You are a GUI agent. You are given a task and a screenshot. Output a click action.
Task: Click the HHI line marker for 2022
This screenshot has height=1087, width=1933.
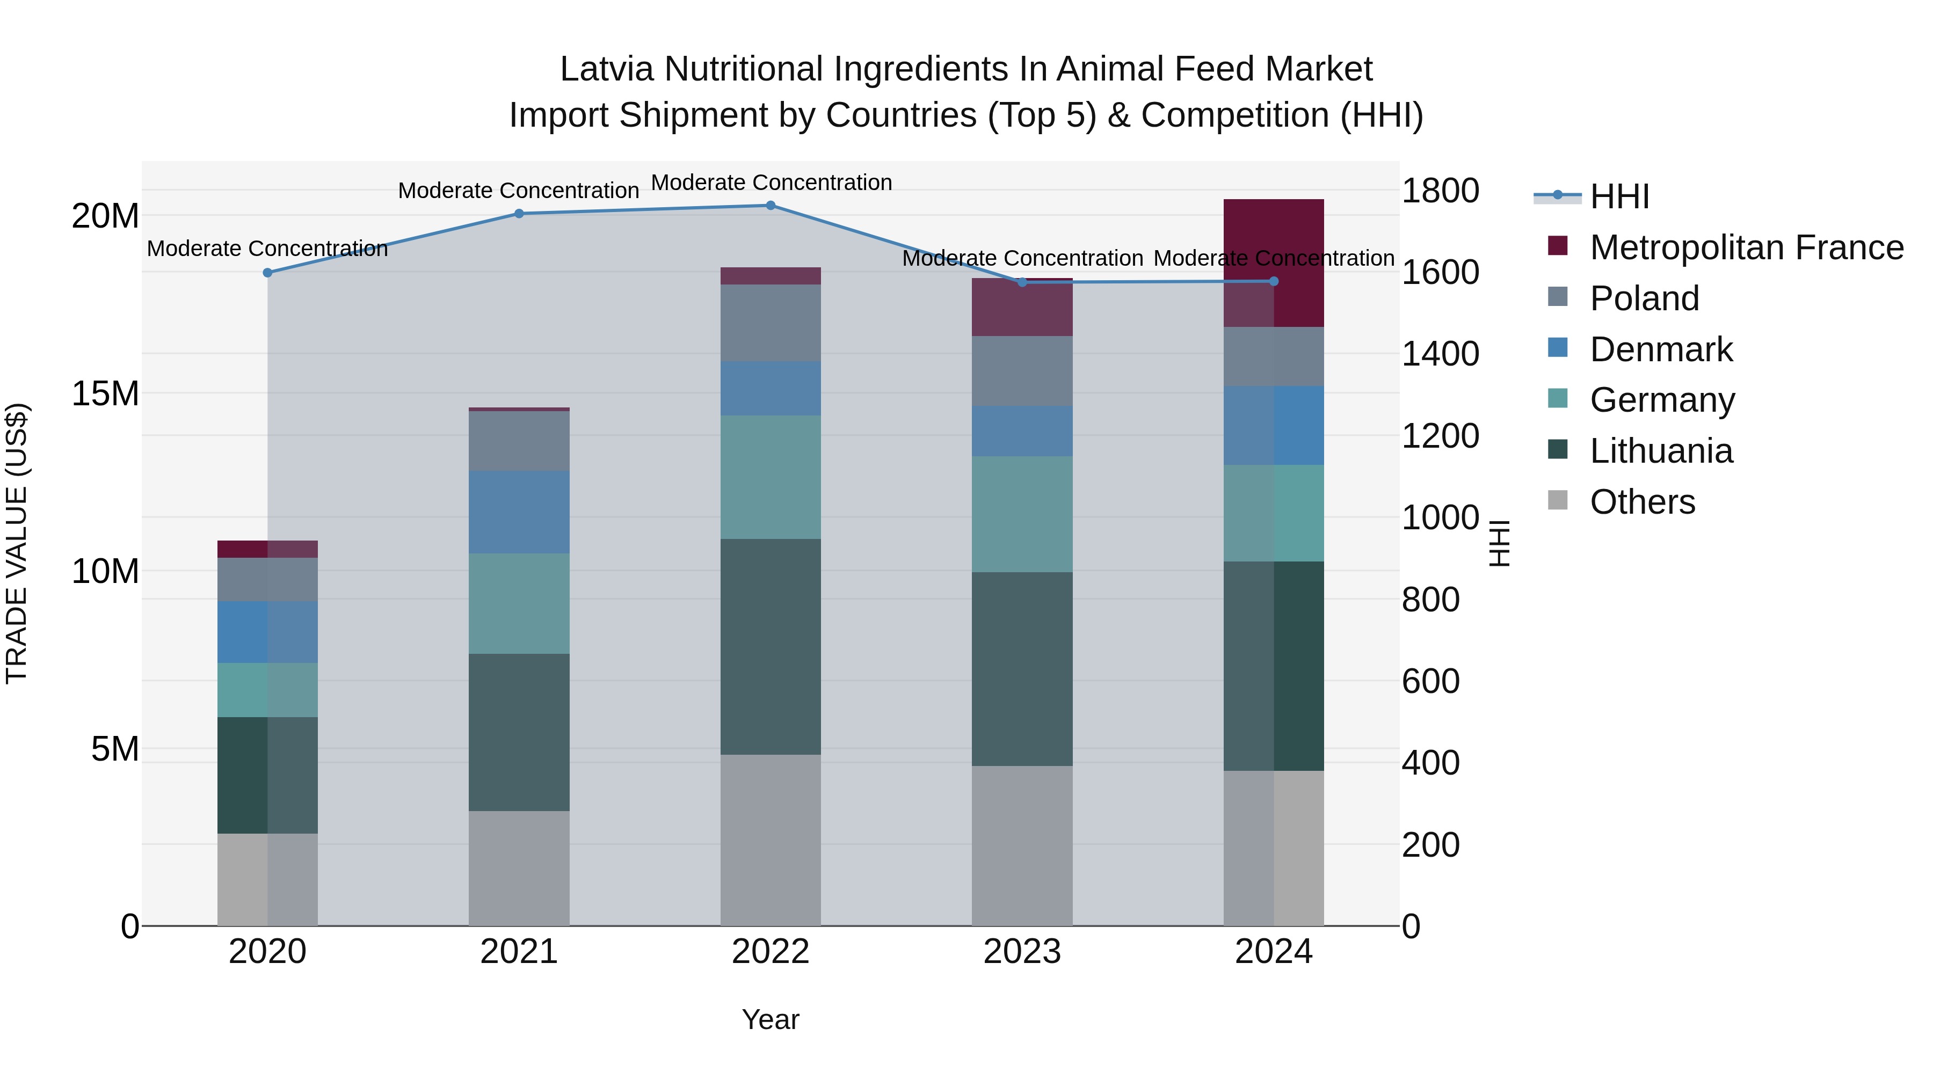click(771, 206)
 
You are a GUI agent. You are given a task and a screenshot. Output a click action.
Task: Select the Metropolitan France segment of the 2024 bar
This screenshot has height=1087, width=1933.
click(1274, 262)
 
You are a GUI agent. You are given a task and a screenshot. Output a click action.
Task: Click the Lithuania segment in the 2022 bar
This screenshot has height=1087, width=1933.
click(771, 647)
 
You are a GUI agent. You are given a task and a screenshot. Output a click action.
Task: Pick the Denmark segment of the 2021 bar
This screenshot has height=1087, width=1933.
click(519, 513)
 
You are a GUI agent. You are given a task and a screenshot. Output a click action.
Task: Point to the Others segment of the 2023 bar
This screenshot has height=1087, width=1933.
click(1022, 845)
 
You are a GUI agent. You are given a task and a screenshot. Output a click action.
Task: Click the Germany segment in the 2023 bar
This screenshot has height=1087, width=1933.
click(1022, 515)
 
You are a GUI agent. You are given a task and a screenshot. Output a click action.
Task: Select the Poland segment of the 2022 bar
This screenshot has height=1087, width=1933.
click(771, 323)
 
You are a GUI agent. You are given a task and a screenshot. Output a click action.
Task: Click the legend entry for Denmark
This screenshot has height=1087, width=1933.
click(1661, 349)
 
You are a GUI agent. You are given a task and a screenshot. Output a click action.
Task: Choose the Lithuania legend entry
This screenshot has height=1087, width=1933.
click(1661, 451)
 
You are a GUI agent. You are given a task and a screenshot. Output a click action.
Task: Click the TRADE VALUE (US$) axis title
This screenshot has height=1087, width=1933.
click(17, 543)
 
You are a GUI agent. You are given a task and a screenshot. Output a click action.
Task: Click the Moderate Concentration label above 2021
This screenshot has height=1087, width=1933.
click(519, 191)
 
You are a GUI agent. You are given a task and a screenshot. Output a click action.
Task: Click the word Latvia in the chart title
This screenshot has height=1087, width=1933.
click(608, 69)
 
